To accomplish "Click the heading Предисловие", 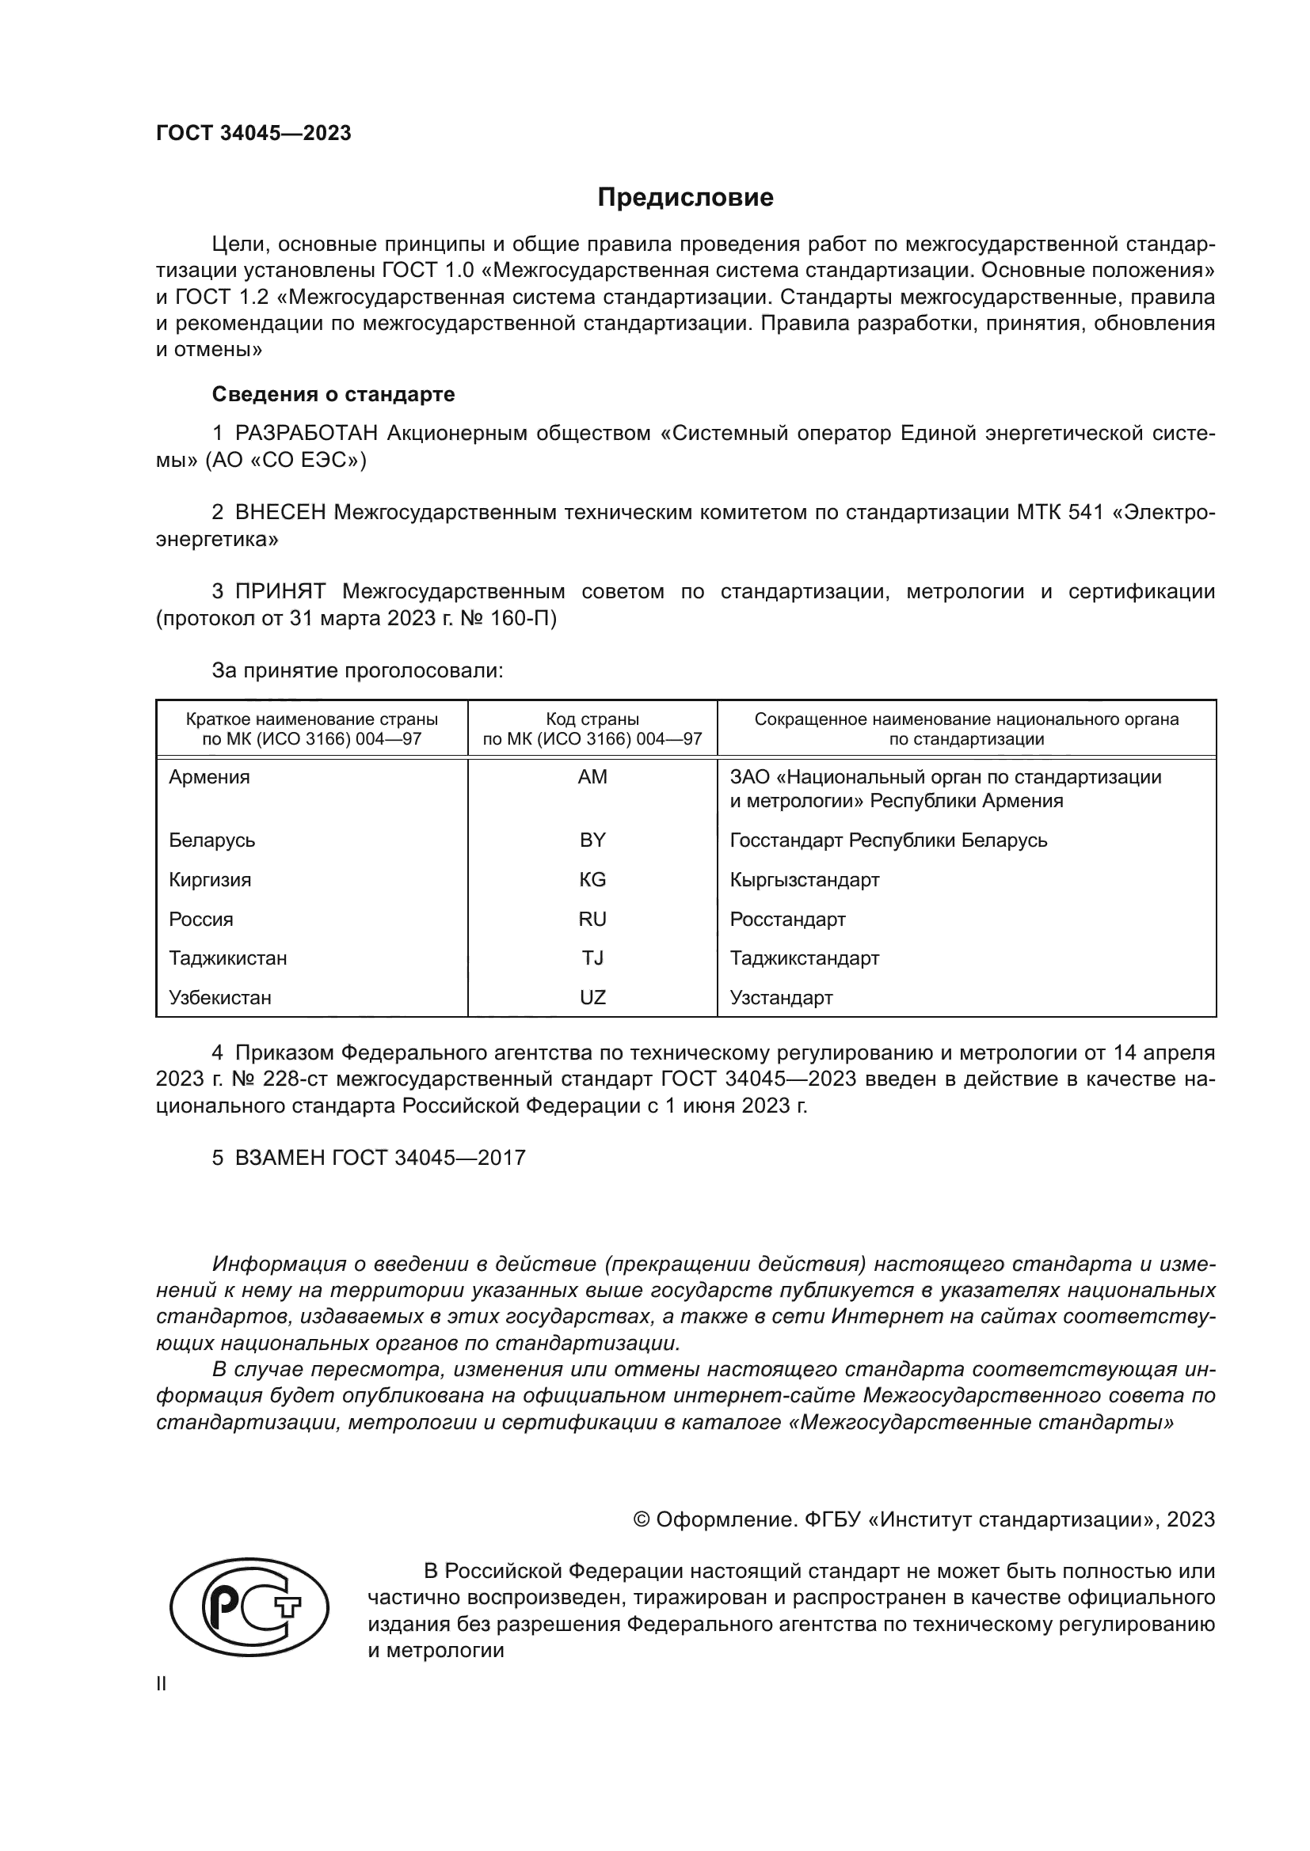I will [685, 198].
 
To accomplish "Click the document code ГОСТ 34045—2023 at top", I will [253, 134].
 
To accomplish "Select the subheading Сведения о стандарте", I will [333, 394].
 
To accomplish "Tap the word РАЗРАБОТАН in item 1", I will [307, 434].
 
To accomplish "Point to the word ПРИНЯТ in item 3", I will [280, 592].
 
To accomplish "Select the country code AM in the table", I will [592, 777].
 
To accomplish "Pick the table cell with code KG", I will [592, 879].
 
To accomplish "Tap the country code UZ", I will [592, 998].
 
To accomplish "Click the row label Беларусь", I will [212, 841].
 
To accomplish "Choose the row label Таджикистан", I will [227, 958].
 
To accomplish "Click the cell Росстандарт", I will [787, 920].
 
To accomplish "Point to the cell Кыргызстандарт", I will [804, 879].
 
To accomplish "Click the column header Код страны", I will [592, 719].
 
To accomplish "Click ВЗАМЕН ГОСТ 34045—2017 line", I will [368, 1158].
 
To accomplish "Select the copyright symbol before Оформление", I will [642, 1519].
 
